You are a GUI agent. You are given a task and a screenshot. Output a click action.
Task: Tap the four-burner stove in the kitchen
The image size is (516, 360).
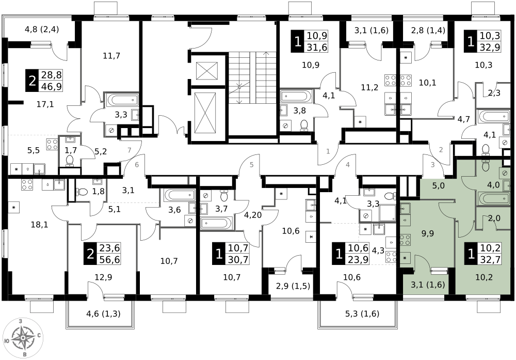point(405,240)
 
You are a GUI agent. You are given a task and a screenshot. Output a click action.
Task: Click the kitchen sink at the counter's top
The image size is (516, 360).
point(405,209)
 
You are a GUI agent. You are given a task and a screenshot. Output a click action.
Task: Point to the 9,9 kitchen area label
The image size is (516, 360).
point(427,233)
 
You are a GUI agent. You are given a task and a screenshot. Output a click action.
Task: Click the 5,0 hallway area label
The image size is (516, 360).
point(438,186)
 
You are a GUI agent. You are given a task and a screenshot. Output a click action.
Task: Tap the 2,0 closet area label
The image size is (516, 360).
point(494,218)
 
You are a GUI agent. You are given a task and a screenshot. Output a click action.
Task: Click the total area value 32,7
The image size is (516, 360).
point(490,259)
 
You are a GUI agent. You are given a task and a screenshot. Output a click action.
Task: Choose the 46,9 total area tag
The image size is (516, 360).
point(51,86)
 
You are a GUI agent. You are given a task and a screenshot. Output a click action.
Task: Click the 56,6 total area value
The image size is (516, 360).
point(109,259)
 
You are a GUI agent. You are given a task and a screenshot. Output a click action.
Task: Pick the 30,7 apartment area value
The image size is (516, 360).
point(238,259)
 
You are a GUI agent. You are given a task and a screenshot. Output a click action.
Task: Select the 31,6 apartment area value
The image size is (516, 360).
point(317,48)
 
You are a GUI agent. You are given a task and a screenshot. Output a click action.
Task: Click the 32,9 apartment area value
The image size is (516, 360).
point(490,48)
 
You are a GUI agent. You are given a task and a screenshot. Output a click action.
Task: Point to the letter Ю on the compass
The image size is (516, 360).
point(6,341)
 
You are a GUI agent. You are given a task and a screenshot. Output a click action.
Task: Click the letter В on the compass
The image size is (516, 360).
point(24,355)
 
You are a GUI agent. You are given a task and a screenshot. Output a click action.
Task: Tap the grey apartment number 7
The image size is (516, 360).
point(130,150)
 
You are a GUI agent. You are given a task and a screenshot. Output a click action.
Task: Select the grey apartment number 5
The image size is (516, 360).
point(251,165)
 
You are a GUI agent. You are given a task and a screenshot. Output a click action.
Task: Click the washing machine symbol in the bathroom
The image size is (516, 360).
point(504,173)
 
